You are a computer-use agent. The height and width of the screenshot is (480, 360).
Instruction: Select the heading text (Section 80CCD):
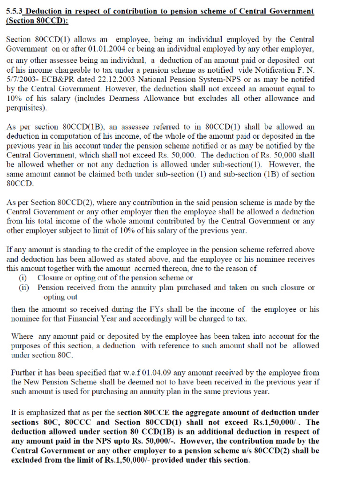[37, 21]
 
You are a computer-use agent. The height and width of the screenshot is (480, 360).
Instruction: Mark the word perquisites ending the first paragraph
[27, 107]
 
